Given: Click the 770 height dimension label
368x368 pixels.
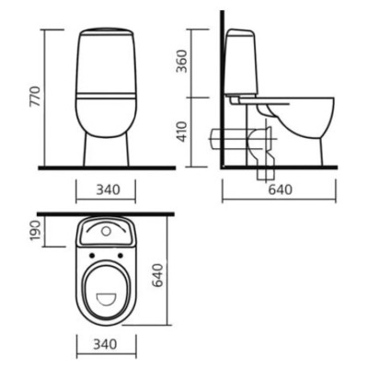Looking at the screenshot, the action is tap(35, 97).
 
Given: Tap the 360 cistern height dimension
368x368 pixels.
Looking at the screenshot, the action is tap(183, 61).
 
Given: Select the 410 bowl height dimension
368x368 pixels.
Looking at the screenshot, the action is tap(183, 132).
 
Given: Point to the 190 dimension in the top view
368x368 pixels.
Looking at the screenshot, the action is tap(36, 231).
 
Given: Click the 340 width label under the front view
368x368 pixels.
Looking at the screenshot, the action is tap(109, 190).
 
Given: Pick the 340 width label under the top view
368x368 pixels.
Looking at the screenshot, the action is tap(105, 344).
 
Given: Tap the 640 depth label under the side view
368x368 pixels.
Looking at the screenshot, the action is tap(281, 190).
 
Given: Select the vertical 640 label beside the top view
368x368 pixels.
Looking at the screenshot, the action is tap(157, 275).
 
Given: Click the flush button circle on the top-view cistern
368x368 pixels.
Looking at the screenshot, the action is tap(106, 231).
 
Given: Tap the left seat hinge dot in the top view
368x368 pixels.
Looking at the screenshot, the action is tap(91, 256).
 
